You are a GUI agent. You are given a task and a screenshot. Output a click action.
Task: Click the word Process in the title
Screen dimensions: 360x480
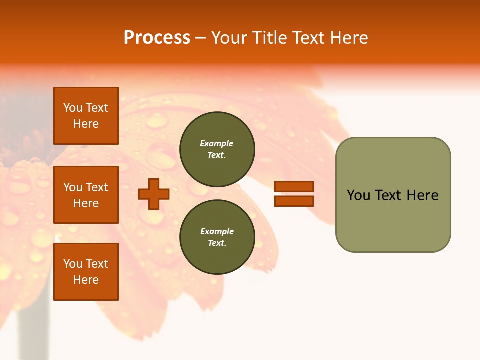(157, 38)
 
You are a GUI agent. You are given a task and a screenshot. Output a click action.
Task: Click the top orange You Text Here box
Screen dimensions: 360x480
(86, 116)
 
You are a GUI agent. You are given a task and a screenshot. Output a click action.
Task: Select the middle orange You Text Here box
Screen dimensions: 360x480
(86, 195)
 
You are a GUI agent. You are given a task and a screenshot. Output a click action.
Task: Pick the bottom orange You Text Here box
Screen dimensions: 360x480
(86, 272)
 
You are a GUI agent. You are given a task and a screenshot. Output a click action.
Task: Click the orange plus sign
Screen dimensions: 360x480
(154, 194)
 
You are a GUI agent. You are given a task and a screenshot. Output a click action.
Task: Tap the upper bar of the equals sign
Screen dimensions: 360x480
(294, 187)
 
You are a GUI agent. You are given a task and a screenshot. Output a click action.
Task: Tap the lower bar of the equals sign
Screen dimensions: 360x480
(294, 201)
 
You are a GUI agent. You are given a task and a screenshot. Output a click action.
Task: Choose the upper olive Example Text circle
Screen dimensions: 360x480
(217, 149)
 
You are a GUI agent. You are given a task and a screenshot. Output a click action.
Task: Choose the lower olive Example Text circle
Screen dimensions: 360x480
(217, 237)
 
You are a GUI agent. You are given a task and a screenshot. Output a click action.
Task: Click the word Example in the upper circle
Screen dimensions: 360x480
(217, 143)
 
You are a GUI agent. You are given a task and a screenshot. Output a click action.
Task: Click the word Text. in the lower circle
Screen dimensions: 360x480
(217, 243)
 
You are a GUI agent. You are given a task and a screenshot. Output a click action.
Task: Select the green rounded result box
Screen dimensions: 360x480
(393, 195)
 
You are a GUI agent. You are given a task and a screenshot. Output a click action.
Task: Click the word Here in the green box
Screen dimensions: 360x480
(422, 195)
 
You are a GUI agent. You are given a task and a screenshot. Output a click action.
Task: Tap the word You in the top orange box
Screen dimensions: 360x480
(72, 108)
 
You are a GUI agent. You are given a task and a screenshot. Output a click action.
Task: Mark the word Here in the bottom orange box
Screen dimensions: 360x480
(86, 280)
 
